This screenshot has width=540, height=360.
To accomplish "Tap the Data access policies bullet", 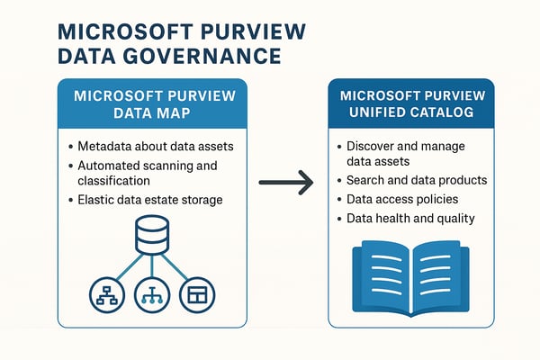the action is [403, 198].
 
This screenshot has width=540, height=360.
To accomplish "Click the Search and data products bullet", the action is [416, 180].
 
